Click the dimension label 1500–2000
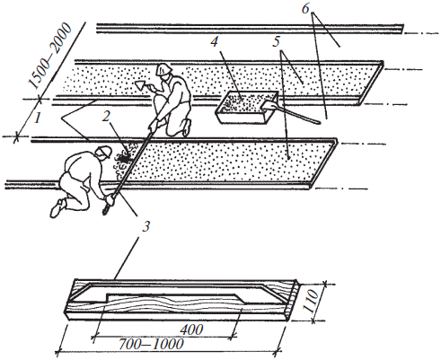(x=50, y=57)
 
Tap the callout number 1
(x=37, y=119)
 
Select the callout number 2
(x=106, y=117)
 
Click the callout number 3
(x=146, y=226)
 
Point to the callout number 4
(x=215, y=41)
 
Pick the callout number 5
(x=277, y=41)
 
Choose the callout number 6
(x=305, y=9)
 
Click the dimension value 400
(x=191, y=329)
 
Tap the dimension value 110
(x=312, y=301)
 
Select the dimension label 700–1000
(x=151, y=345)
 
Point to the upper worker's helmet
(x=163, y=69)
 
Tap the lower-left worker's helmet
(x=103, y=152)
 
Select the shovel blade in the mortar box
(x=269, y=106)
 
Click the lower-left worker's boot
(x=57, y=207)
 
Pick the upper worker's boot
(x=187, y=127)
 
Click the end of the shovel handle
(x=319, y=122)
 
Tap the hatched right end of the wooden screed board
(x=293, y=300)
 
